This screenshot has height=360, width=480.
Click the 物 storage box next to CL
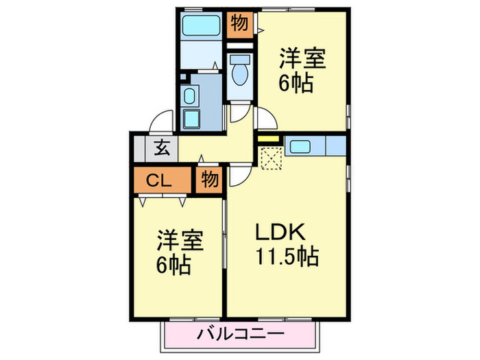(x=209, y=181)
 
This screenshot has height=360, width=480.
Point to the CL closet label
(x=161, y=181)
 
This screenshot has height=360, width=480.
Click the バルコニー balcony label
(x=240, y=336)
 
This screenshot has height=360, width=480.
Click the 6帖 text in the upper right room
(x=296, y=83)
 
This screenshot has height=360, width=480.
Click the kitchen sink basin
(x=300, y=146)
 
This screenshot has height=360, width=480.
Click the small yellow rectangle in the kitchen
(x=269, y=142)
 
